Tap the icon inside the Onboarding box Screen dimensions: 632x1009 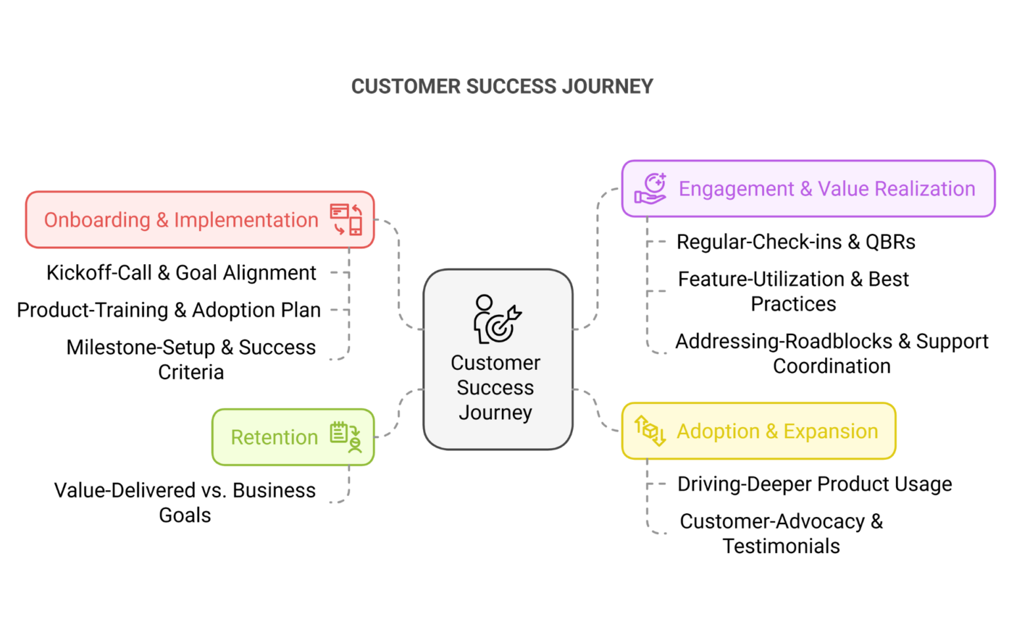point(346,219)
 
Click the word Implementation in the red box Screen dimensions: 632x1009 point(246,219)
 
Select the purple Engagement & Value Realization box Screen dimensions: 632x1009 point(808,189)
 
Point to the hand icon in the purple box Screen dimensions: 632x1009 point(650,189)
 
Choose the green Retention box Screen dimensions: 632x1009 point(293,437)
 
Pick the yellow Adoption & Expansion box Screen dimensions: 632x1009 point(759,431)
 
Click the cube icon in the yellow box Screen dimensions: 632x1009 point(650,431)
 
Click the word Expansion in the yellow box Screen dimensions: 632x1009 point(830,431)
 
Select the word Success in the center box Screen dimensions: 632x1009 point(495,388)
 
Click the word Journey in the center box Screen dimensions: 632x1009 point(495,413)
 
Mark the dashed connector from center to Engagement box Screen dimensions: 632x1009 point(597,263)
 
